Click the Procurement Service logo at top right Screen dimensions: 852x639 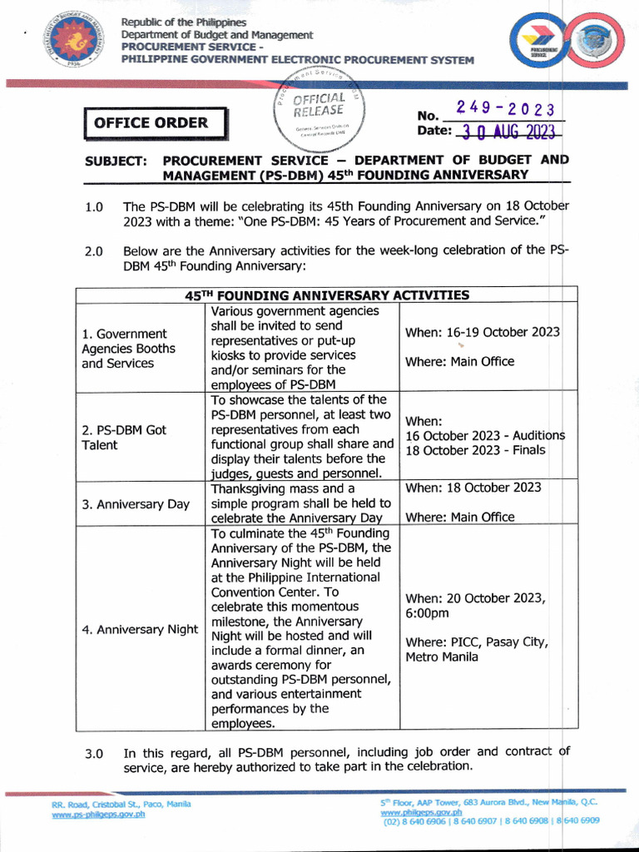(x=567, y=46)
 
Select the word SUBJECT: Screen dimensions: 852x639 (x=116, y=160)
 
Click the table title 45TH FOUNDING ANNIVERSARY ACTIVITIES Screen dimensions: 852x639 (x=326, y=295)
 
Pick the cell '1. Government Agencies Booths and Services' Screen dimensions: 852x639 (x=129, y=349)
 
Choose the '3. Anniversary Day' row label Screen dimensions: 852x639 (x=136, y=503)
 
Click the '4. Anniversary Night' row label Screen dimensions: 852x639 (x=140, y=629)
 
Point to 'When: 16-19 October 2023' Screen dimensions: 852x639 (x=482, y=332)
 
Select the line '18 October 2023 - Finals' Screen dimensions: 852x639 (x=475, y=450)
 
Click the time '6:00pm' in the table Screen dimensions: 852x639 (x=427, y=613)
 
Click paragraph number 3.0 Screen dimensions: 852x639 (x=93, y=754)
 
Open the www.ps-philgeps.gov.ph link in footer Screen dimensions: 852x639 (x=98, y=815)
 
